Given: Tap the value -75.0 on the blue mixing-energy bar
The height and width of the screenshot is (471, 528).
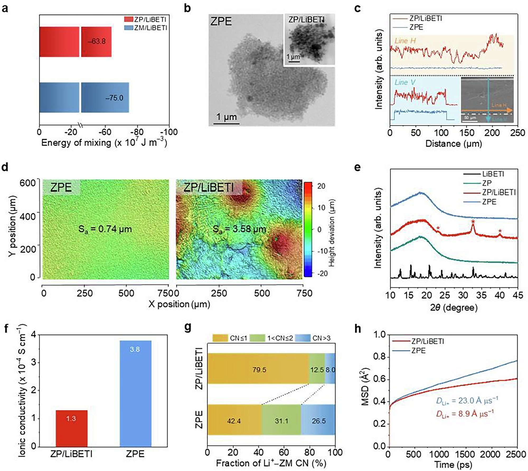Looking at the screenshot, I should [115, 98].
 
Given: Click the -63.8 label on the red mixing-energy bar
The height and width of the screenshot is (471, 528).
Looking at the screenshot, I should [97, 41].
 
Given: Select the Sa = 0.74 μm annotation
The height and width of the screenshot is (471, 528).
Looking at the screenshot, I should [105, 229].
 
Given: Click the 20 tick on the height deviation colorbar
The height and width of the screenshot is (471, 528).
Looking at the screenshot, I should [321, 186].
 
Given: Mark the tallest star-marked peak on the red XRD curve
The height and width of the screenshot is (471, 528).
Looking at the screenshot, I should [473, 227].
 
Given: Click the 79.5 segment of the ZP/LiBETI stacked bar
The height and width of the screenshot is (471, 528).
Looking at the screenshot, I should [258, 369].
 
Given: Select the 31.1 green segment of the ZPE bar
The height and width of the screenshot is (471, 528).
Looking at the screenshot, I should [281, 421].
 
